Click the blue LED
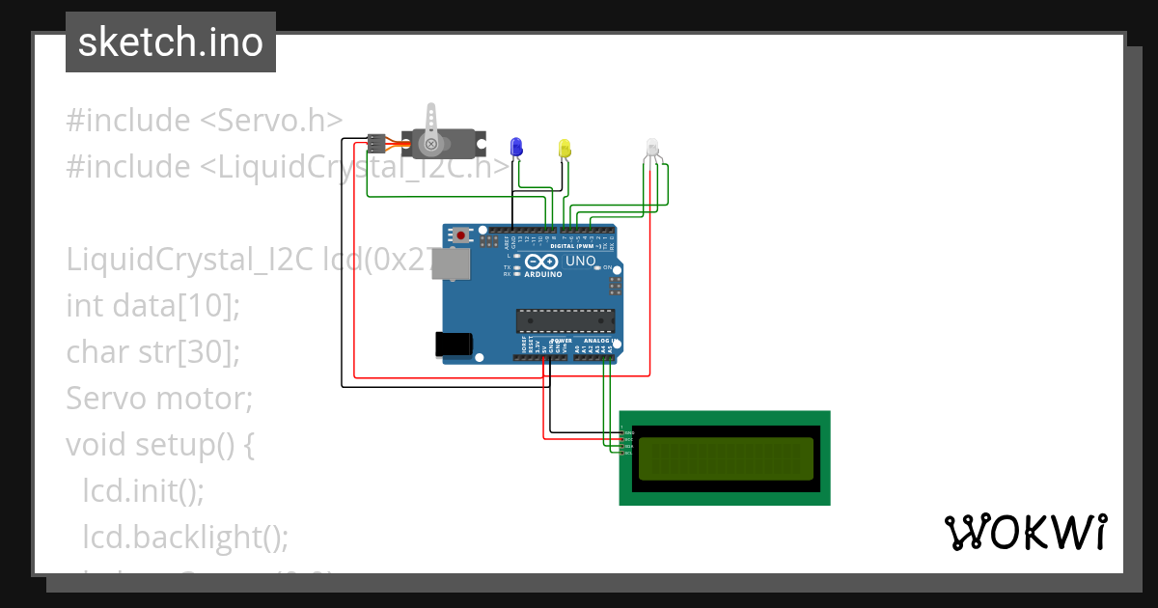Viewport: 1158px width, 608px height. (x=516, y=147)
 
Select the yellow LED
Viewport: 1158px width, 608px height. (x=565, y=148)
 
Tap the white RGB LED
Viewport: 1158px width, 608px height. (x=652, y=148)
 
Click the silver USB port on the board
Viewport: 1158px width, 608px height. (x=448, y=263)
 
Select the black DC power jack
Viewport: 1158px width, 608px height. (x=454, y=344)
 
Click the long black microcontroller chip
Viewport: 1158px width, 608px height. (x=565, y=319)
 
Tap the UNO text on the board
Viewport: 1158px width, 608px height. (x=579, y=262)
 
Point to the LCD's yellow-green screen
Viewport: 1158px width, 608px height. (x=726, y=458)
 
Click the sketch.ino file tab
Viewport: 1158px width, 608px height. (x=171, y=42)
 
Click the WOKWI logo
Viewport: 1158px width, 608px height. (x=1025, y=532)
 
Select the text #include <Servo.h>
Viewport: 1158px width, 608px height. (x=204, y=121)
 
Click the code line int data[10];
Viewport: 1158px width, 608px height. (x=152, y=306)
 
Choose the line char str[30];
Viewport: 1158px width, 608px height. (x=152, y=352)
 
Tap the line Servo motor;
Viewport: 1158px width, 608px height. (x=158, y=398)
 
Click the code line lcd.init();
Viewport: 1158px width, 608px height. (x=143, y=490)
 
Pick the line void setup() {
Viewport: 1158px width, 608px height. (x=159, y=444)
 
